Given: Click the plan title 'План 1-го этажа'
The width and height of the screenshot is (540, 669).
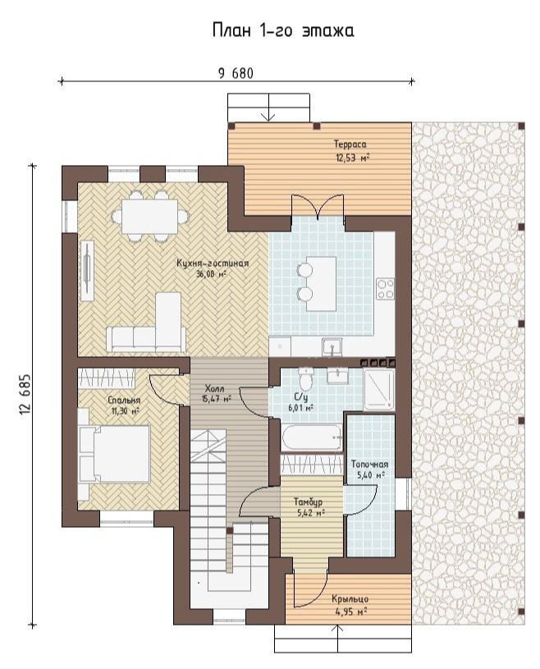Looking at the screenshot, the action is (283, 30).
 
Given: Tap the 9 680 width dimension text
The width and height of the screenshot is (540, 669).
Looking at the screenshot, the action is (236, 74).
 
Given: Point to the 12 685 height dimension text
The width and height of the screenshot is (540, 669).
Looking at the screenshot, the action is (25, 395).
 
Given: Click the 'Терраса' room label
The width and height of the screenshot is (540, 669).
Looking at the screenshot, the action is (350, 144).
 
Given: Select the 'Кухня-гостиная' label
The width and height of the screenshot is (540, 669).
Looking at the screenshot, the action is (213, 263).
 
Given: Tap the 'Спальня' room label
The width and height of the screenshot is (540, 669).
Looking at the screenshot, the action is (124, 401).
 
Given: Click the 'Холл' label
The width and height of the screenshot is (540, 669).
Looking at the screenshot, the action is (214, 389).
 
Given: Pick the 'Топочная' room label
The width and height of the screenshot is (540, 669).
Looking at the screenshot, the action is (369, 465).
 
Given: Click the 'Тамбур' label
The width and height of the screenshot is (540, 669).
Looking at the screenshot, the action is (308, 502).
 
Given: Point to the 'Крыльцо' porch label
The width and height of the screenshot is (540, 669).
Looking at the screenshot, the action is (350, 599).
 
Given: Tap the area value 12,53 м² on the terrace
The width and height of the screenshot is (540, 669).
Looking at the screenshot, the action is (352, 158).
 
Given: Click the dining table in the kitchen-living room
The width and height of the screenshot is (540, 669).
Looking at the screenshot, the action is (149, 217).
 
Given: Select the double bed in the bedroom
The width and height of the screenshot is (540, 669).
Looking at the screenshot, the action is (114, 454).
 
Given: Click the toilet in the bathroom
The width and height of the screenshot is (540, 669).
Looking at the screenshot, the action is (305, 377).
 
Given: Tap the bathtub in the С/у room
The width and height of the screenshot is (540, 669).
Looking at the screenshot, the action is (312, 438).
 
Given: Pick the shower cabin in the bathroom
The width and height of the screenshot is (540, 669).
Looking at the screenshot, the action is (379, 389).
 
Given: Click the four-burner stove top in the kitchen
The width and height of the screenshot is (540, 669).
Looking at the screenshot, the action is (385, 289).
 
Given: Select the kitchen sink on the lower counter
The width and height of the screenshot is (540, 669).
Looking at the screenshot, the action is (332, 346).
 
